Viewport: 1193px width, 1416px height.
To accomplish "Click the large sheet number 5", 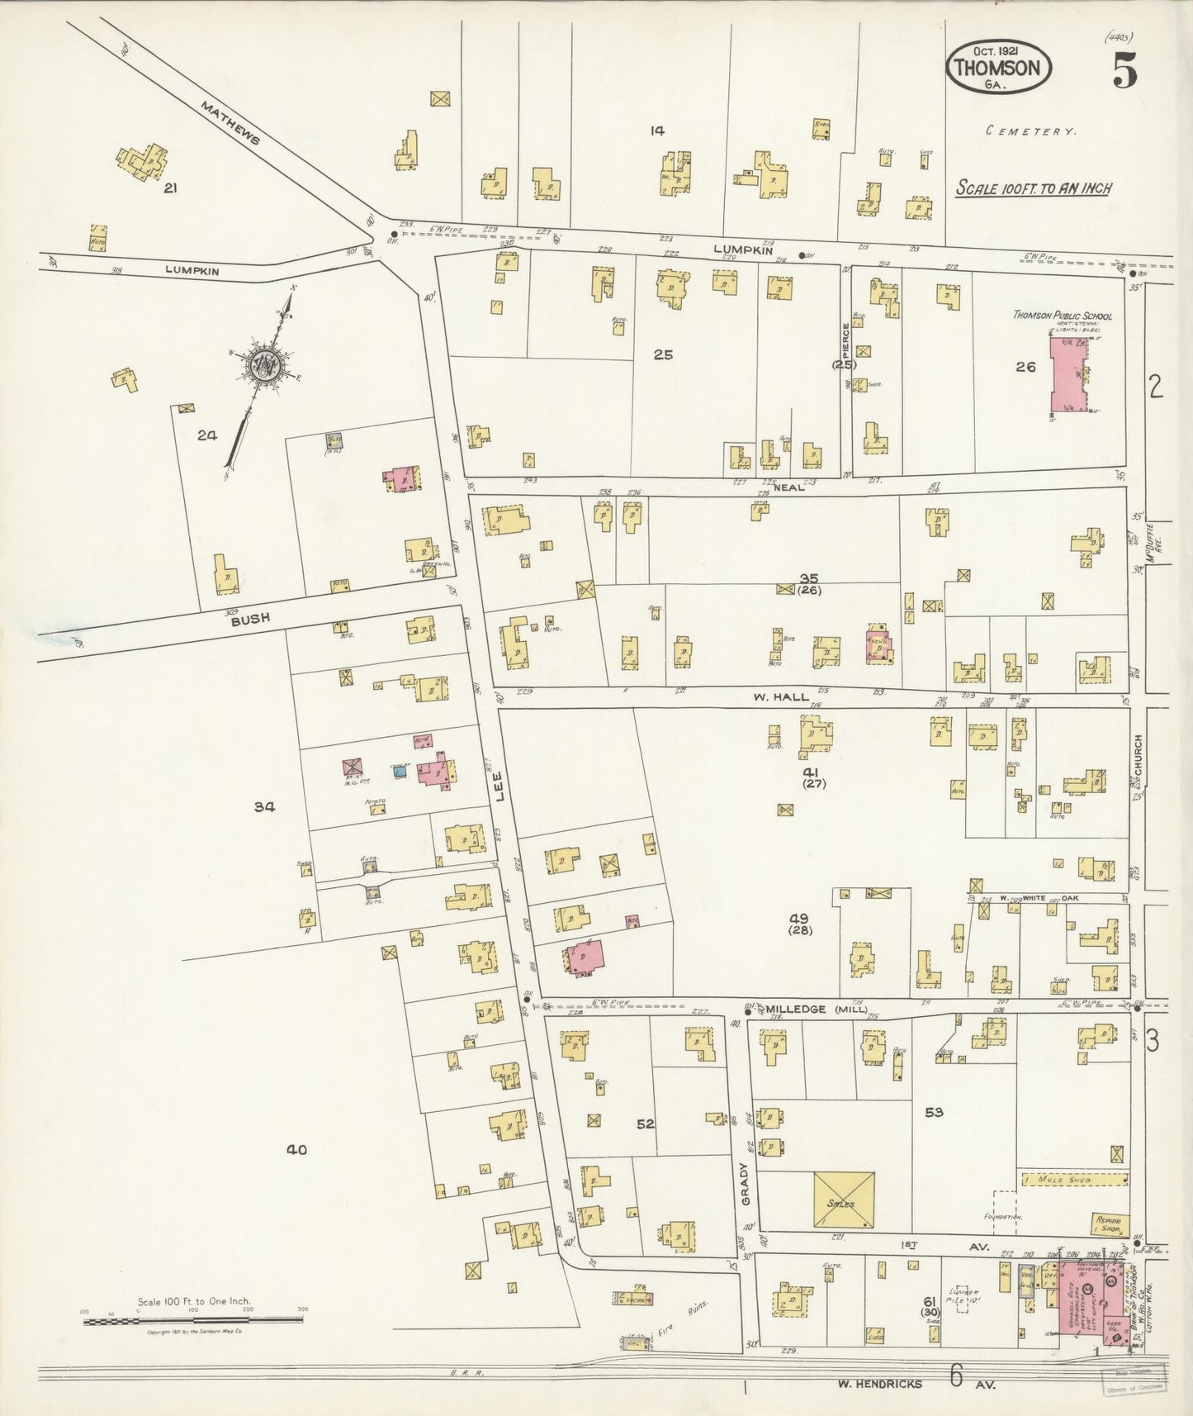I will tap(1124, 69).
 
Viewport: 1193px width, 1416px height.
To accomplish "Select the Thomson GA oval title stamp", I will tap(998, 69).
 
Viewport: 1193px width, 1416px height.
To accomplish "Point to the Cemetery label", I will tap(1031, 131).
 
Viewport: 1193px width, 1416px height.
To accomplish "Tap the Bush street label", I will tap(250, 618).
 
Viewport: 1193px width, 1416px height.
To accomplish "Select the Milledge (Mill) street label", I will tap(815, 1010).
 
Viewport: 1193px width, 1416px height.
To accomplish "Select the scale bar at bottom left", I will tap(192, 1320).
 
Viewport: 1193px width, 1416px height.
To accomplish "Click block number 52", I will tap(646, 1124).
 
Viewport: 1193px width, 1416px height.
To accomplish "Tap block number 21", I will tap(170, 188).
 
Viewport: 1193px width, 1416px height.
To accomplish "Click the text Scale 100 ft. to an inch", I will tap(1032, 188).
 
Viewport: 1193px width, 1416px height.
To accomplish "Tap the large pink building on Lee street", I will tap(585, 957).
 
